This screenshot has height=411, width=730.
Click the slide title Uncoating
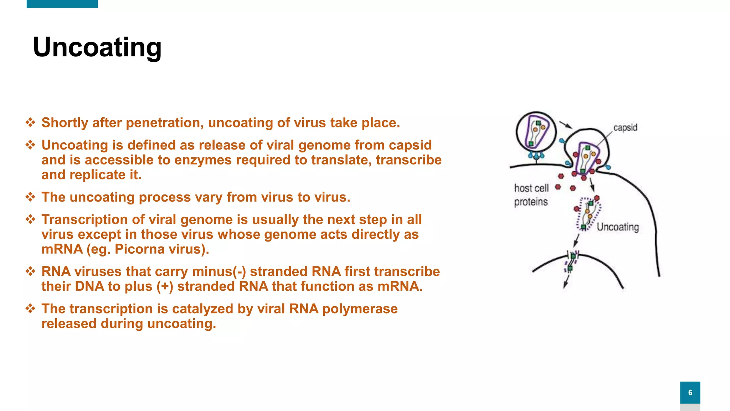click(x=97, y=47)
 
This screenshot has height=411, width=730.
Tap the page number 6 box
click(x=690, y=392)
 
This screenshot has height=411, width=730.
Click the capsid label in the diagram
click(x=625, y=128)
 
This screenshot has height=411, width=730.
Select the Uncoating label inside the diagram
click(x=618, y=227)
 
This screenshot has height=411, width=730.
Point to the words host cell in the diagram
click(x=531, y=188)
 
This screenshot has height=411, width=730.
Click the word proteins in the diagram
click(x=531, y=202)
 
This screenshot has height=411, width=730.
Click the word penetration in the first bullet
click(x=165, y=123)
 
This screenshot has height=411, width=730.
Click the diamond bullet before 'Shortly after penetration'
click(x=30, y=123)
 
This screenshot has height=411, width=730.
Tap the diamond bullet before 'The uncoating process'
click(x=30, y=197)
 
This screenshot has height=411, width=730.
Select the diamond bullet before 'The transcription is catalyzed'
click(x=30, y=309)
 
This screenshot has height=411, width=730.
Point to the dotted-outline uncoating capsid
click(x=588, y=213)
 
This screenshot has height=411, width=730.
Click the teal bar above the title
click(x=62, y=4)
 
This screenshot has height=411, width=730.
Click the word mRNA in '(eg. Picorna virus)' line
click(x=62, y=249)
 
